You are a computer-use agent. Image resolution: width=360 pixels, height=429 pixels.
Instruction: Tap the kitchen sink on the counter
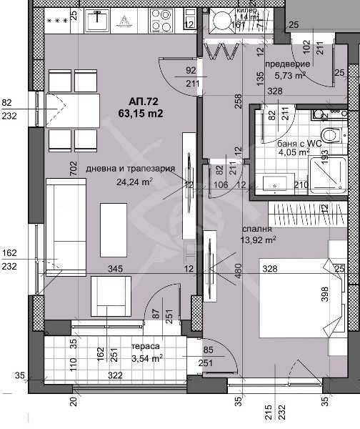[96, 21]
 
